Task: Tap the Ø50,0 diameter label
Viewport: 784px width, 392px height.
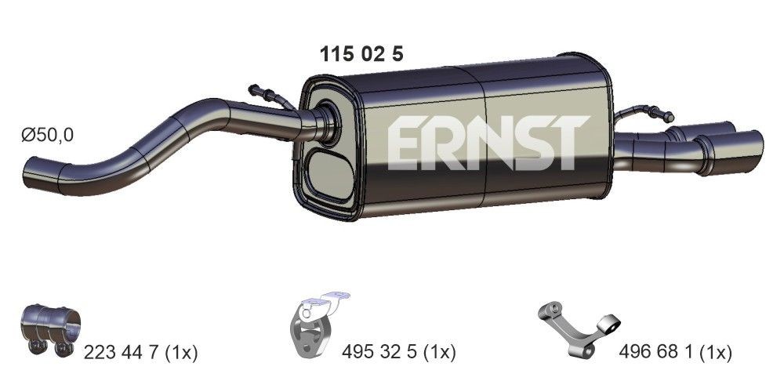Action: (x=47, y=136)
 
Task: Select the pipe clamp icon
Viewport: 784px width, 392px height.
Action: (x=49, y=328)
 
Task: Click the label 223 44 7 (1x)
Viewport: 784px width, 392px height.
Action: (x=140, y=354)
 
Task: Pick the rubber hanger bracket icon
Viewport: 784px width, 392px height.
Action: (x=318, y=325)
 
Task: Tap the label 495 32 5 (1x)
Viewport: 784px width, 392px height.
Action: (x=399, y=354)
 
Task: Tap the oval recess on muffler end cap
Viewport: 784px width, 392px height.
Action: (x=326, y=173)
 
